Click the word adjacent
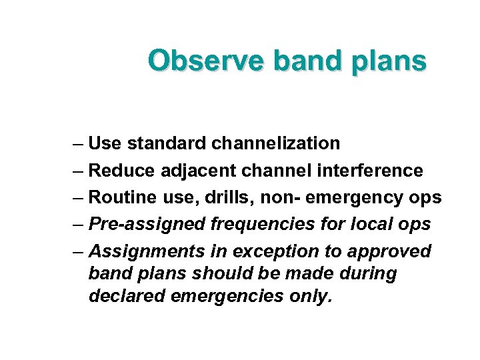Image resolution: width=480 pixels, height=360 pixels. [197, 171]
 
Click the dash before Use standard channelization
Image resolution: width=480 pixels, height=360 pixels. [79, 144]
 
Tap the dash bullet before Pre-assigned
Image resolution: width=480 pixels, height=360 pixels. [79, 225]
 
